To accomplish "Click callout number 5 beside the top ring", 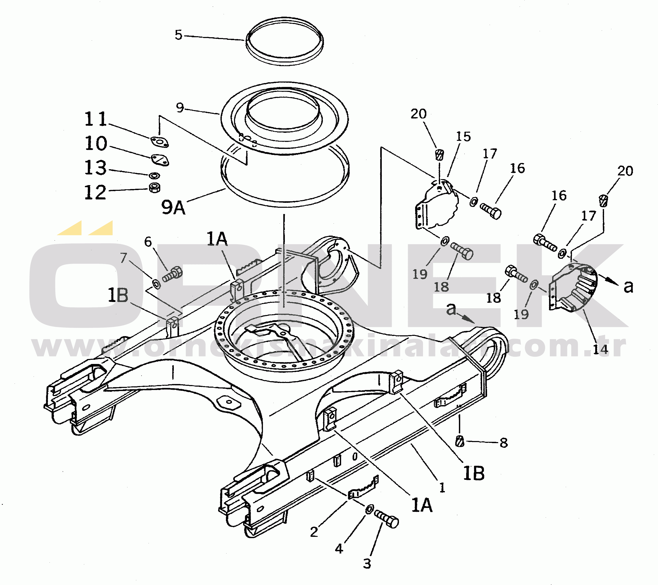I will coord(178,35).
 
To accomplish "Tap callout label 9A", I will coord(173,207).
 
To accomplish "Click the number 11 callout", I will coord(95,119).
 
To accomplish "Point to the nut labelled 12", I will coord(155,187).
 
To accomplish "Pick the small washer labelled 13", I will coord(155,175).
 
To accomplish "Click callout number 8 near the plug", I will coord(504,443).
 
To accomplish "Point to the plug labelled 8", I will coord(460,441).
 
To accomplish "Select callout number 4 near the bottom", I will coord(339,549).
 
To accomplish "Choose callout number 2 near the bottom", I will coord(314,532).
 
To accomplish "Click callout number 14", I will coord(601,349).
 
